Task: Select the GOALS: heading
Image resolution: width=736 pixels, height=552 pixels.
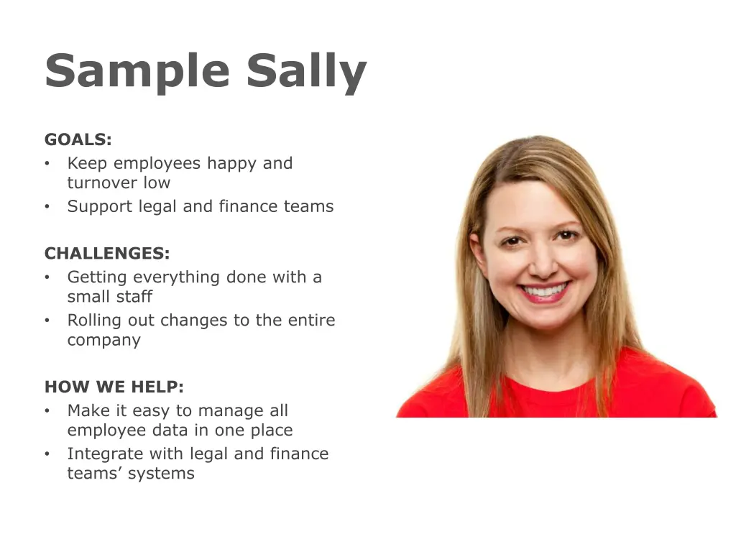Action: point(78,139)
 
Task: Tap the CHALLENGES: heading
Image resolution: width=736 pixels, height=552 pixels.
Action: point(107,254)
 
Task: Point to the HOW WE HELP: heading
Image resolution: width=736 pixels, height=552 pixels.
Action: point(114,387)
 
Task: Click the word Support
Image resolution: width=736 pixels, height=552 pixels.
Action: point(97,207)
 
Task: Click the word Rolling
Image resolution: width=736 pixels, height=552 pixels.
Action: point(95,321)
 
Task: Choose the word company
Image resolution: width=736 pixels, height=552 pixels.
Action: point(103,341)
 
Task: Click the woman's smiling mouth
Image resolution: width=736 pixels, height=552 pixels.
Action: point(545,292)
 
